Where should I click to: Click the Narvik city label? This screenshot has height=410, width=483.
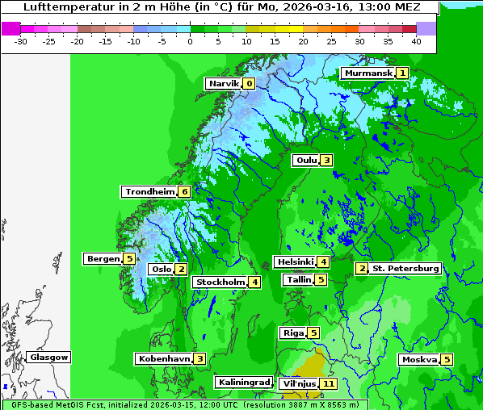[224, 83]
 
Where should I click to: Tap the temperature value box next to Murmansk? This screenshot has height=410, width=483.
[401, 73]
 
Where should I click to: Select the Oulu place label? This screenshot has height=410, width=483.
[306, 160]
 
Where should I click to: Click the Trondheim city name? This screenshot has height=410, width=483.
[150, 191]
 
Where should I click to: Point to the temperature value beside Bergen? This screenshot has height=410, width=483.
[129, 258]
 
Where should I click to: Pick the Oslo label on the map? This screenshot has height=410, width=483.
[161, 269]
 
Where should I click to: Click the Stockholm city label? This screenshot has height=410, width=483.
[220, 282]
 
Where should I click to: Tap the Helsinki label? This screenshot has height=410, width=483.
[294, 261]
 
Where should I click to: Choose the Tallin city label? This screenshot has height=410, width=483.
[299, 279]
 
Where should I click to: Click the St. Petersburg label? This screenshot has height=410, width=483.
[405, 268]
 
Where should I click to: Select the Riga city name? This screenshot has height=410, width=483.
[292, 333]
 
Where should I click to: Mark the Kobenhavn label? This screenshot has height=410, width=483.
[164, 358]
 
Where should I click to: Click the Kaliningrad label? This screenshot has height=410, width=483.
[243, 382]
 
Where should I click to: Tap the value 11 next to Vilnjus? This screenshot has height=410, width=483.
[328, 383]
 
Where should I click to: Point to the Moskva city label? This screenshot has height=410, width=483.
[419, 359]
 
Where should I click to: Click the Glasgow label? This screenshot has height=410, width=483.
[49, 357]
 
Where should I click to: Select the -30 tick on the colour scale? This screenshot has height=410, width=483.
[21, 40]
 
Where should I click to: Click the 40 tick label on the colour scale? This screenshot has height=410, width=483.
[416, 40]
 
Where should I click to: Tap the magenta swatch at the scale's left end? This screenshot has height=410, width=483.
[10, 28]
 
